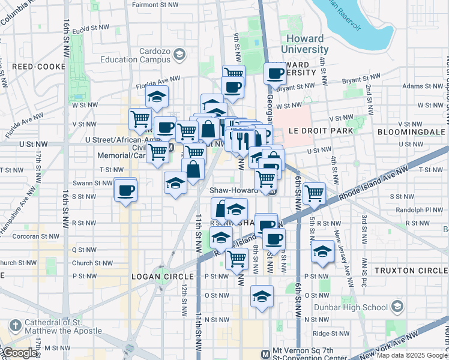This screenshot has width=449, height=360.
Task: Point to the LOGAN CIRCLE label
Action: click(x=163, y=277)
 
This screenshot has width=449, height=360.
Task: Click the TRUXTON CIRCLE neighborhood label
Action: click(x=411, y=271)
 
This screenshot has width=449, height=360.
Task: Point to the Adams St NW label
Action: click(x=404, y=86)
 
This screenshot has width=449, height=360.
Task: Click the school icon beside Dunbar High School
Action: click(x=396, y=307)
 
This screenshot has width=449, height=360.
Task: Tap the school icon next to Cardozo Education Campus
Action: click(x=179, y=56)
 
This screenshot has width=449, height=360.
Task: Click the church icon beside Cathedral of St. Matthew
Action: click(x=15, y=325)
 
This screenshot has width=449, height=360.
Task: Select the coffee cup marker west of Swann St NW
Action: click(x=125, y=191)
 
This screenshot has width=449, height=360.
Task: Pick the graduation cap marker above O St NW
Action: click(x=261, y=296)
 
